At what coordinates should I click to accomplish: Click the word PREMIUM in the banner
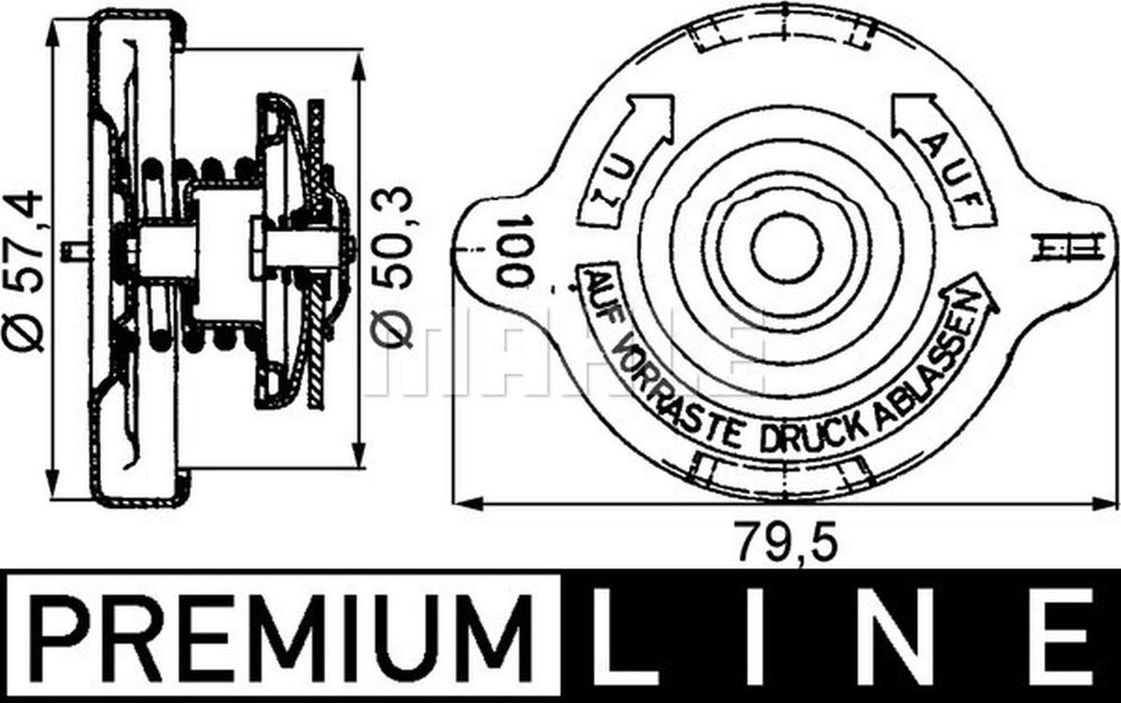pyautogui.click(x=282, y=636)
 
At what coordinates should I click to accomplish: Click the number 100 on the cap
pyautogui.click(x=515, y=252)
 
